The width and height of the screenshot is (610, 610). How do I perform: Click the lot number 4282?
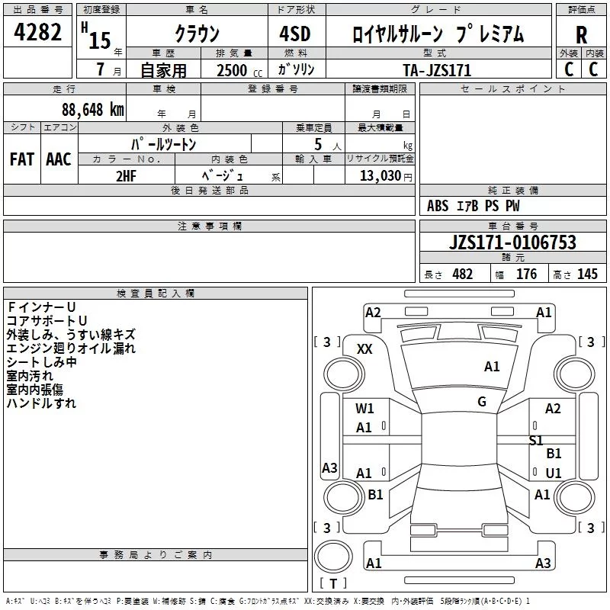pyautogui.click(x=37, y=32)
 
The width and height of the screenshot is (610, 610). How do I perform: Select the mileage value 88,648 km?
pyautogui.click(x=93, y=110)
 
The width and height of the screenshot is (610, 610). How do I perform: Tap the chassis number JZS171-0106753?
pyautogui.click(x=512, y=242)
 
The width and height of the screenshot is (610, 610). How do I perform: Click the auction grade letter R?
pyautogui.click(x=581, y=35)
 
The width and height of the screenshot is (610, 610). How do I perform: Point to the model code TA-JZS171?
pyautogui.click(x=437, y=70)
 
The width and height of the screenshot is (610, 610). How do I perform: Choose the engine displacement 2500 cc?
pyautogui.click(x=239, y=70)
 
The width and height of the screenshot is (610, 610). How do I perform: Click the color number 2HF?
pyautogui.click(x=126, y=176)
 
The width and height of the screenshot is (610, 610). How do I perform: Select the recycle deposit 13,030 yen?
pyautogui.click(x=386, y=176)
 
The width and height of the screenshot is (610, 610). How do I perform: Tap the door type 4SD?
pyautogui.click(x=295, y=34)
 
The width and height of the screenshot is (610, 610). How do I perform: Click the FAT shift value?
pyautogui.click(x=22, y=159)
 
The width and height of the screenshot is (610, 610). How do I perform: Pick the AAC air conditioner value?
pyautogui.click(x=59, y=159)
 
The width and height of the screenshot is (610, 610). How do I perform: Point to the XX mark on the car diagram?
pyautogui.click(x=364, y=349)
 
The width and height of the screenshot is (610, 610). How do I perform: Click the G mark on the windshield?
pyautogui.click(x=482, y=402)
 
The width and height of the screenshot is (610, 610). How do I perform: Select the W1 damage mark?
pyautogui.click(x=364, y=409)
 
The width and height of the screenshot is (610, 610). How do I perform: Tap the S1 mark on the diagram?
pyautogui.click(x=536, y=441)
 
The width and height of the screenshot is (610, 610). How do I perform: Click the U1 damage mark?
pyautogui.click(x=554, y=473)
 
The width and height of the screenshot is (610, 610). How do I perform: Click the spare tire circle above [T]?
pyautogui.click(x=333, y=557)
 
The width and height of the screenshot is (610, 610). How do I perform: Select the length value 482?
pyautogui.click(x=463, y=274)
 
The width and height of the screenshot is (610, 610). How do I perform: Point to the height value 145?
pyautogui.click(x=587, y=274)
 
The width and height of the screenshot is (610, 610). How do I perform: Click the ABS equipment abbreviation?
pyautogui.click(x=438, y=206)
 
